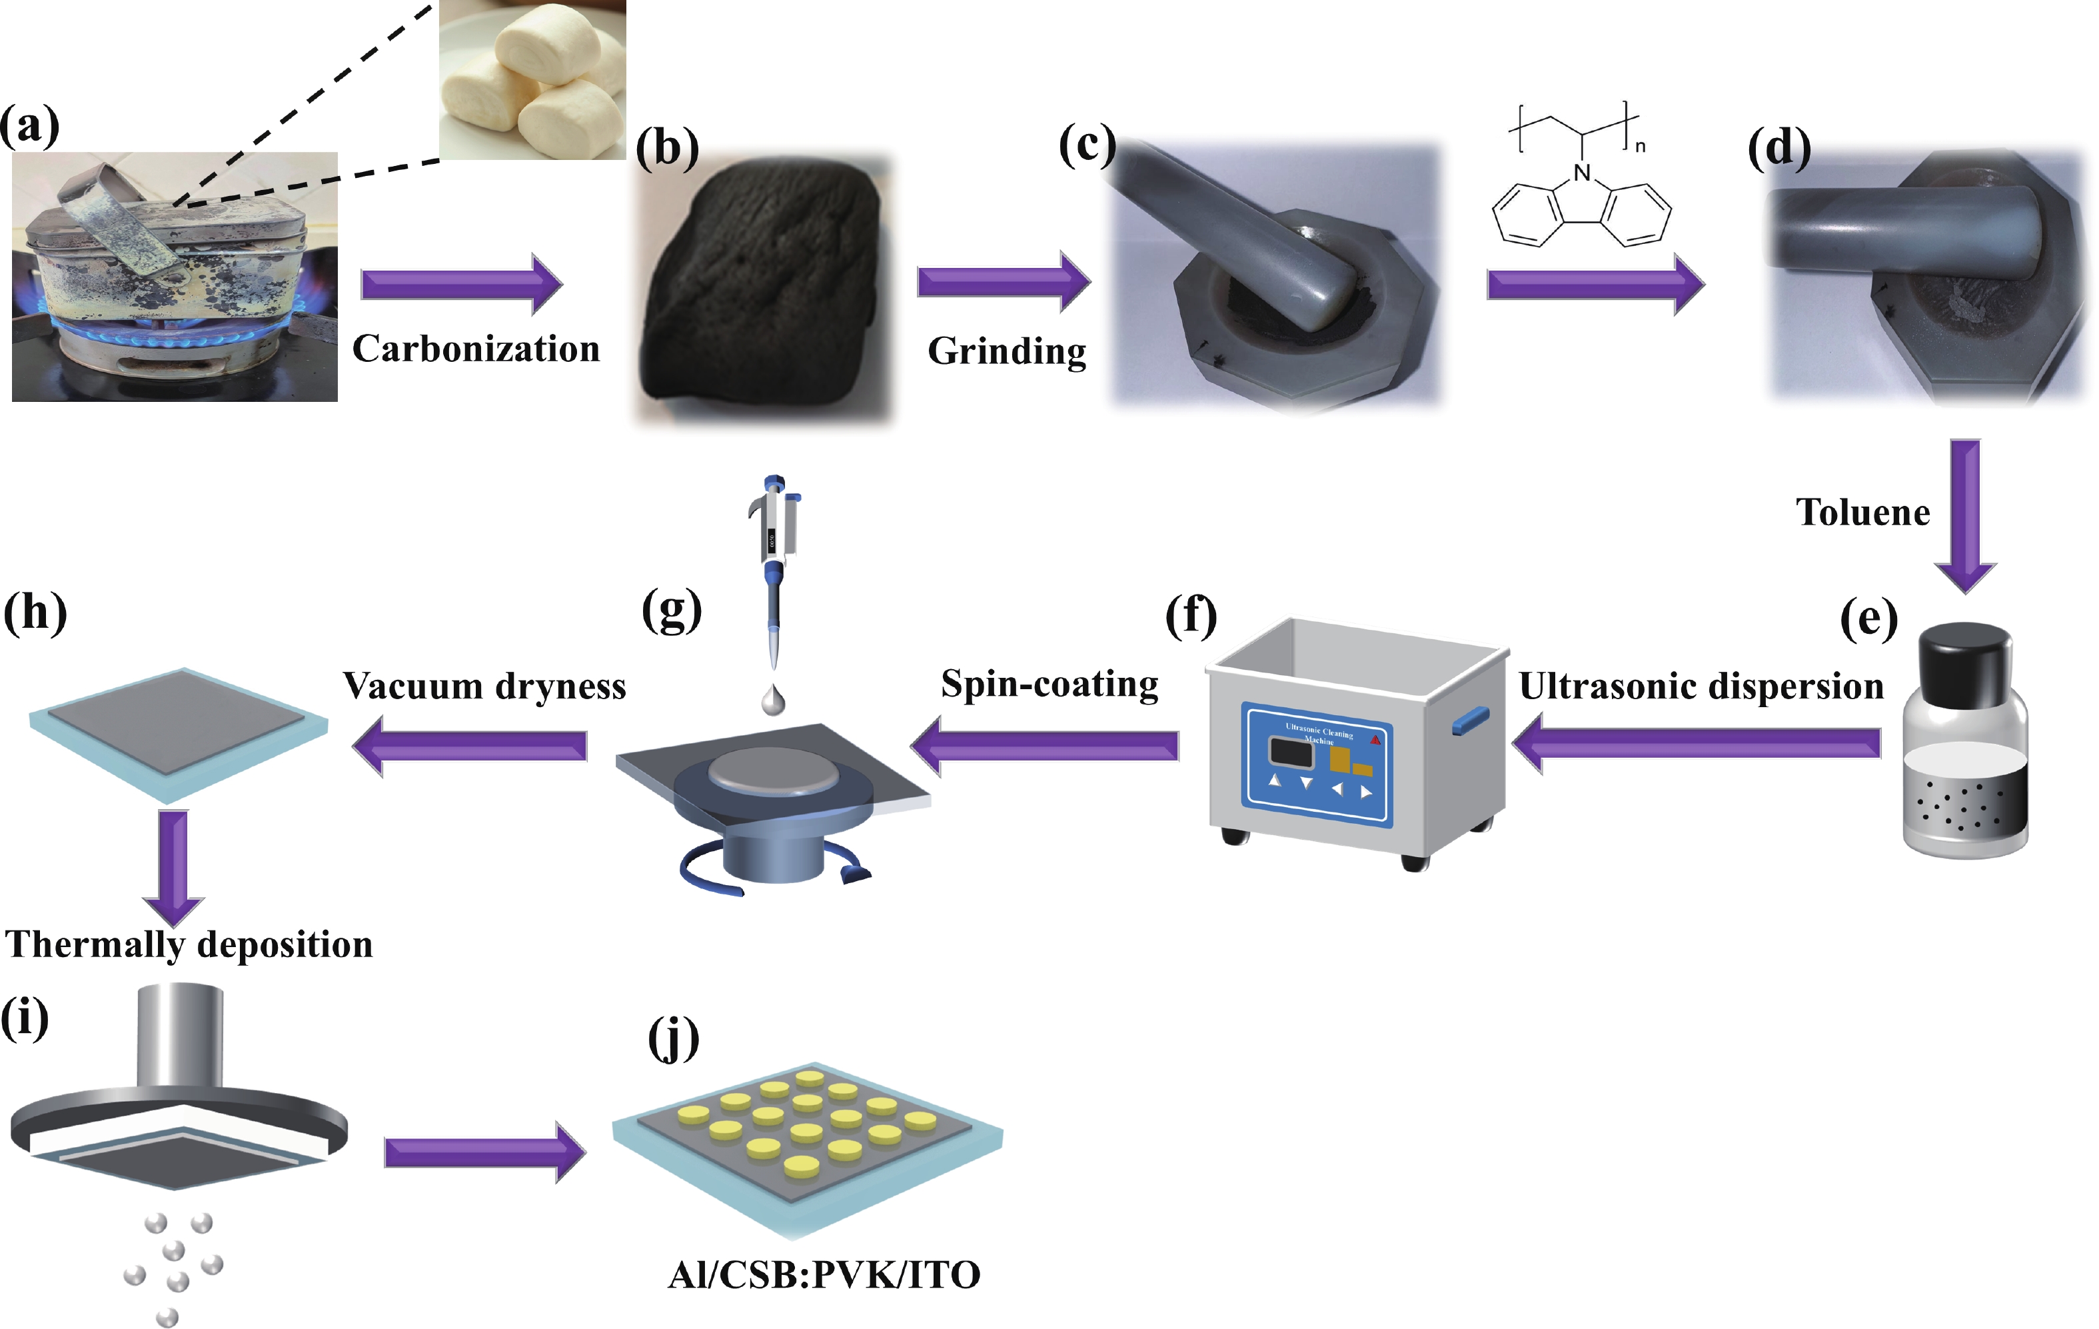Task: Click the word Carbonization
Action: [x=476, y=349]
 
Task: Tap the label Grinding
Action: [x=1007, y=351]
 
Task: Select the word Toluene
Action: [x=1862, y=513]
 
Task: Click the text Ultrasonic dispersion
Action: [x=1701, y=686]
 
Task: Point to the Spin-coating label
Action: [x=1049, y=684]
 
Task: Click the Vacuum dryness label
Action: [x=484, y=686]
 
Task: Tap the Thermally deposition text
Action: [x=189, y=944]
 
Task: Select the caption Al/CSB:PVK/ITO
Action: [x=824, y=1275]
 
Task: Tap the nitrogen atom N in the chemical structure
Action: [x=1582, y=173]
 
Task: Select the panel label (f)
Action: [x=1191, y=616]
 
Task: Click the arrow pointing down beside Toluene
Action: [x=1965, y=515]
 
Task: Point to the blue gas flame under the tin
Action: [x=175, y=336]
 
